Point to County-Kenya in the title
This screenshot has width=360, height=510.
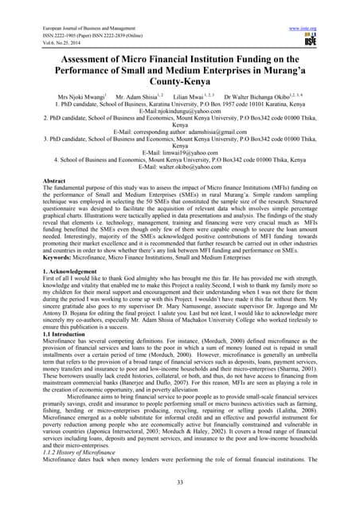(x=180, y=80)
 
